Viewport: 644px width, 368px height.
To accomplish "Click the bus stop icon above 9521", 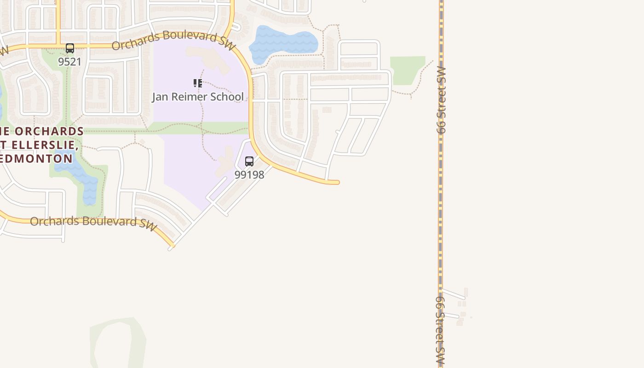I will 70,48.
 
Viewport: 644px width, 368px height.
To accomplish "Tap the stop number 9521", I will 70,62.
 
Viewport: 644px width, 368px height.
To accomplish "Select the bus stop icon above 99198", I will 249,161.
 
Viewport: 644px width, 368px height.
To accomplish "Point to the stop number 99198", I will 249,175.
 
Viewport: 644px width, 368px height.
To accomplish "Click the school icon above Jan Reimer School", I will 198,83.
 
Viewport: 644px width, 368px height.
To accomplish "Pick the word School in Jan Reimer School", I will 227,97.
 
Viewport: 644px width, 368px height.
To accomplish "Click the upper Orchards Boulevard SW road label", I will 173,40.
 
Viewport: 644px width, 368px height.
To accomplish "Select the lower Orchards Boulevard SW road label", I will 93,222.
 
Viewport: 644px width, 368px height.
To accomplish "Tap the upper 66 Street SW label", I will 442,100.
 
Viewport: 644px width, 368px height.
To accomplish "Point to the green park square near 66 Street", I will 408,70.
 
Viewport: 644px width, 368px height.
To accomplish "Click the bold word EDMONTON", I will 37,159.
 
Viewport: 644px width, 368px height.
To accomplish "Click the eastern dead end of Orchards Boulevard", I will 337,183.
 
